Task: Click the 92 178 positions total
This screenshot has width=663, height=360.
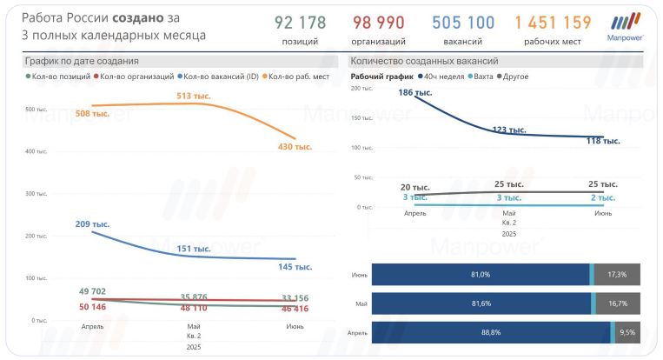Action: pos(301,23)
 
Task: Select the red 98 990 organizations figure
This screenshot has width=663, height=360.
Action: pos(379,23)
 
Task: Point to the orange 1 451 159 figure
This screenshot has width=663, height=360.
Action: pos(553,23)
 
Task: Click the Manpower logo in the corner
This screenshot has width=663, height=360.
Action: pos(626,27)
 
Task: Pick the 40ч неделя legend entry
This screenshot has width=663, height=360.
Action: pos(442,77)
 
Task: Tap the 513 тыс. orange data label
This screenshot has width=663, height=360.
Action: pos(190,96)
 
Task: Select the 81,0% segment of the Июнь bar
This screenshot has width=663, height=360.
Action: pos(481,274)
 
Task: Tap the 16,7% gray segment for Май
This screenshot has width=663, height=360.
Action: pos(618,303)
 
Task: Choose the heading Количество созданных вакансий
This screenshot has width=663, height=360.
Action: pos(423,61)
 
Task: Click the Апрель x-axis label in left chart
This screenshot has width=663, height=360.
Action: pos(93,326)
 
